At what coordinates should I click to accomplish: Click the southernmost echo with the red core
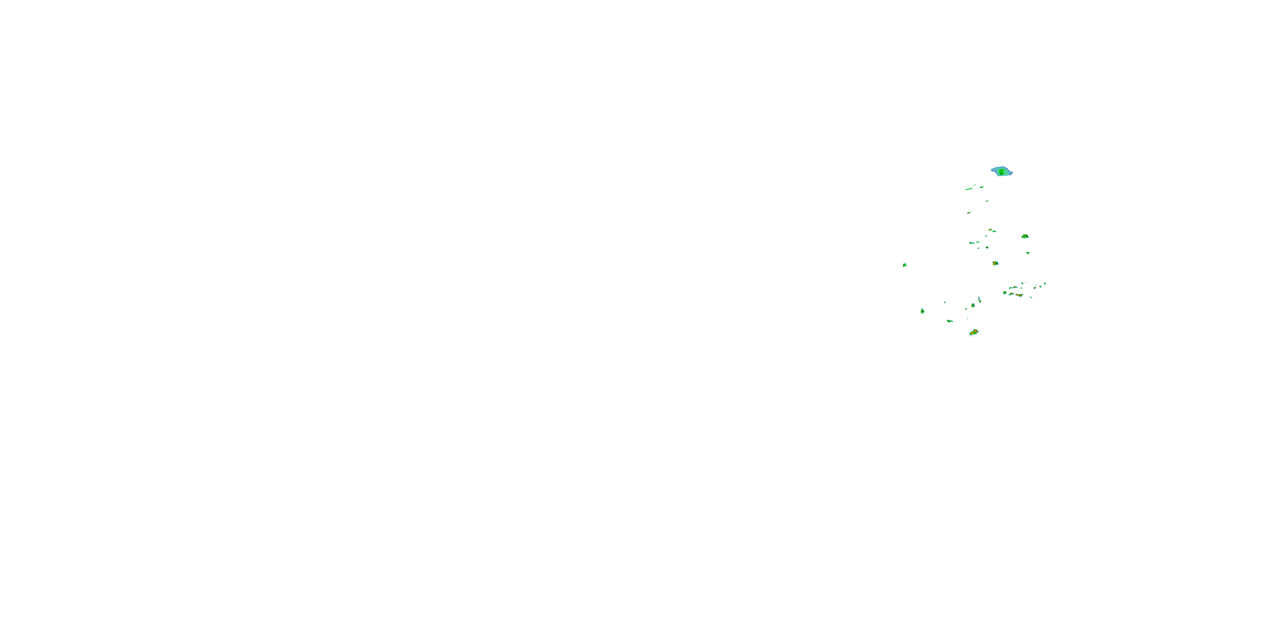click(x=974, y=332)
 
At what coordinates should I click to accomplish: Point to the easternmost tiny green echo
click(x=1045, y=283)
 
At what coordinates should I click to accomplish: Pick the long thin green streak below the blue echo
click(x=969, y=189)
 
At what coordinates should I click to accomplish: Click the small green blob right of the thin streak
click(x=981, y=187)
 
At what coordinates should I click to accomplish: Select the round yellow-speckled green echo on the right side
click(x=1025, y=236)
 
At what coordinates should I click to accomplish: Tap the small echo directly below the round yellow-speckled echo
click(x=1028, y=253)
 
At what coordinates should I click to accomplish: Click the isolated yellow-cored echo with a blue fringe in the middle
click(x=995, y=263)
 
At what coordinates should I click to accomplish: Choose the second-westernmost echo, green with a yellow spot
click(x=922, y=311)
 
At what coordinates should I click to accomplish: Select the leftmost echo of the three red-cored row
click(x=1004, y=293)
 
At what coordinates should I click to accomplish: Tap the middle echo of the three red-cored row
click(x=1011, y=295)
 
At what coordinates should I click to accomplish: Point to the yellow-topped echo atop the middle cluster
click(x=990, y=230)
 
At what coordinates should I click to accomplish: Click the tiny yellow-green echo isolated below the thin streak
click(x=969, y=213)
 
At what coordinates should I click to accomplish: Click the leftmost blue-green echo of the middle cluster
click(x=972, y=243)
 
